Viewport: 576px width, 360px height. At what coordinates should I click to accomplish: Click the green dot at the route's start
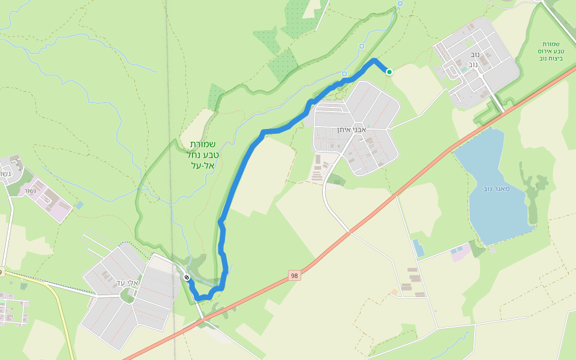pos(389,72)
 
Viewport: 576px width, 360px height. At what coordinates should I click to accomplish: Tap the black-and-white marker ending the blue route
pos(187,277)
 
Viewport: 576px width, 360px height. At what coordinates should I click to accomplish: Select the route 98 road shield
pos(294,275)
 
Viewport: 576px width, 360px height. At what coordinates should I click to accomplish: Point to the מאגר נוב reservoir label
pos(496,188)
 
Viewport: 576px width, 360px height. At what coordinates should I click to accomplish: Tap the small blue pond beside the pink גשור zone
pos(80,205)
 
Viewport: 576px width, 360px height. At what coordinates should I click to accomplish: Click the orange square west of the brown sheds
pos(394,292)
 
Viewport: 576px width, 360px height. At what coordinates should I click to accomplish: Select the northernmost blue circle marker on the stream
pos(400,4)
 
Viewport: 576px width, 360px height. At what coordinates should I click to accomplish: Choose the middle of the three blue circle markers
pos(362,46)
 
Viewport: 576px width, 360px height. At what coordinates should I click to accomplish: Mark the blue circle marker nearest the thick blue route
pos(344,74)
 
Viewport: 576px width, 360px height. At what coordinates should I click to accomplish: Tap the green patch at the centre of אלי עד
pos(127,295)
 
